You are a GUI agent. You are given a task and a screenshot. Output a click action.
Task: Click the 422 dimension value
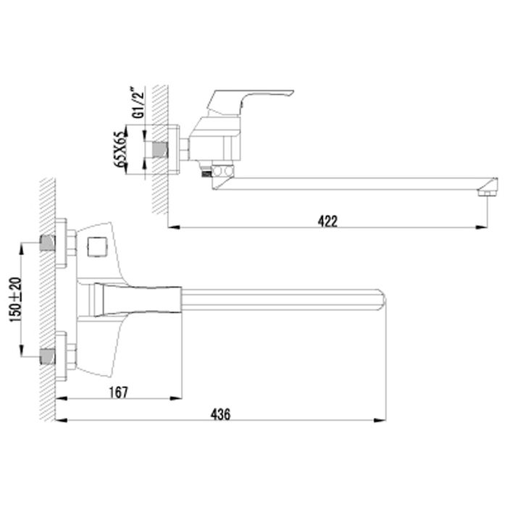[x=327, y=221]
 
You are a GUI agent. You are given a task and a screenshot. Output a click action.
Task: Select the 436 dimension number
[x=220, y=414]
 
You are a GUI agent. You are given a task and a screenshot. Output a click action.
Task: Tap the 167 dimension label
[x=119, y=393]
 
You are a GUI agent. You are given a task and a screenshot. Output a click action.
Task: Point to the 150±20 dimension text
[x=16, y=299]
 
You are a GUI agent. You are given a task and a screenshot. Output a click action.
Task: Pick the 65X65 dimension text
[x=121, y=149]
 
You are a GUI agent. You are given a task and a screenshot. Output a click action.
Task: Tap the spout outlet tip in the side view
[x=487, y=193]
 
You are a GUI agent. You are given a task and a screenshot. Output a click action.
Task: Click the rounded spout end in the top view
[x=382, y=300]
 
